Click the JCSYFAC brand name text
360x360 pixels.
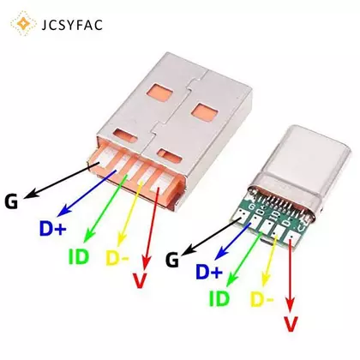point(72,25)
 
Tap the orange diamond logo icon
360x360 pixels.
point(23,24)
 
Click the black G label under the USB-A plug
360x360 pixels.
point(11,201)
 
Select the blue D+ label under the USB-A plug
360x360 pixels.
point(53,229)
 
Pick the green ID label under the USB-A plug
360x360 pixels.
point(79,256)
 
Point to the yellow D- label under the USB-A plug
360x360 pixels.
point(117,258)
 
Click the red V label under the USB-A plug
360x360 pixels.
point(140,280)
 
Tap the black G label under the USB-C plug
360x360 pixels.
point(172,260)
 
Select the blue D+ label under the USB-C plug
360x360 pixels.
point(209,272)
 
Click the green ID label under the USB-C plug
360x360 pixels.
point(219,298)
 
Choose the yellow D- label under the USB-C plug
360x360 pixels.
point(262,299)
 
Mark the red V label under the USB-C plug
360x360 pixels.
point(291,324)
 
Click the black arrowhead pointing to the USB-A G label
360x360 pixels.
point(32,194)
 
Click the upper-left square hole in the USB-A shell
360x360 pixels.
point(160,93)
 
